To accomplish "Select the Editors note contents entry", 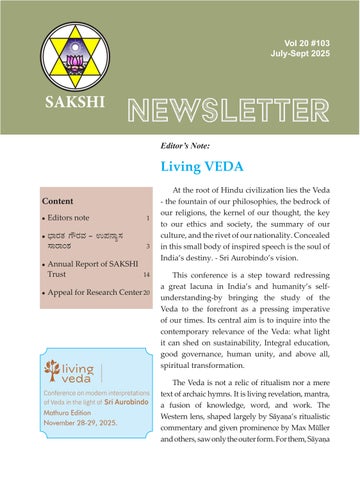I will [73, 217].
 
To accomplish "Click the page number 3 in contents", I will [148, 246].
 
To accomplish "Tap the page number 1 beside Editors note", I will [148, 217].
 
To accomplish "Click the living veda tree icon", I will [50, 371].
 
